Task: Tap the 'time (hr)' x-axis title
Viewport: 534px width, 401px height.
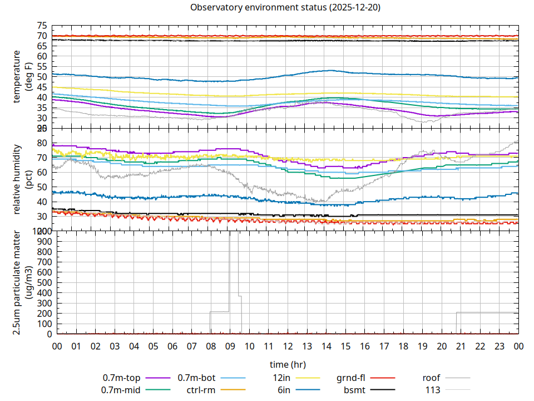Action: pos(288,365)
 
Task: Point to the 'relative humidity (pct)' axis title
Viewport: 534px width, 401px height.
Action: pos(22,179)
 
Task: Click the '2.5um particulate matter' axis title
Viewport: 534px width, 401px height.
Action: pos(22,282)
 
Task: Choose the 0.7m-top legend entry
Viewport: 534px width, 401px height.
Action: pos(121,379)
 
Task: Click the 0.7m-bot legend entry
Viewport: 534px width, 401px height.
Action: pos(196,379)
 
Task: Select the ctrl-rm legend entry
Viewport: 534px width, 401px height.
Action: pos(201,390)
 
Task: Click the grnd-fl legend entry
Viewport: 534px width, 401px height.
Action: pos(350,379)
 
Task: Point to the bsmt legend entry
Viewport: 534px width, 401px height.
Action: pos(354,390)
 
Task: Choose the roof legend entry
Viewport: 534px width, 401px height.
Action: pos(432,379)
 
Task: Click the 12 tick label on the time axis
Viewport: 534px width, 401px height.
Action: pos(288,346)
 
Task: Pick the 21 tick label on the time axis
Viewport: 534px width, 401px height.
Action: pos(461,346)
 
